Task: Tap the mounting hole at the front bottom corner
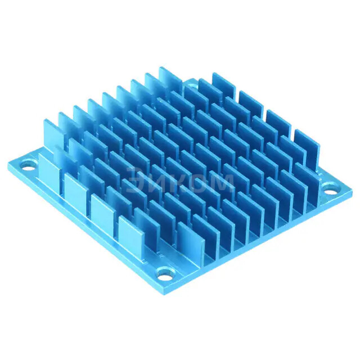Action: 164,274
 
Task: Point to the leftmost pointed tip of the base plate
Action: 9,165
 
